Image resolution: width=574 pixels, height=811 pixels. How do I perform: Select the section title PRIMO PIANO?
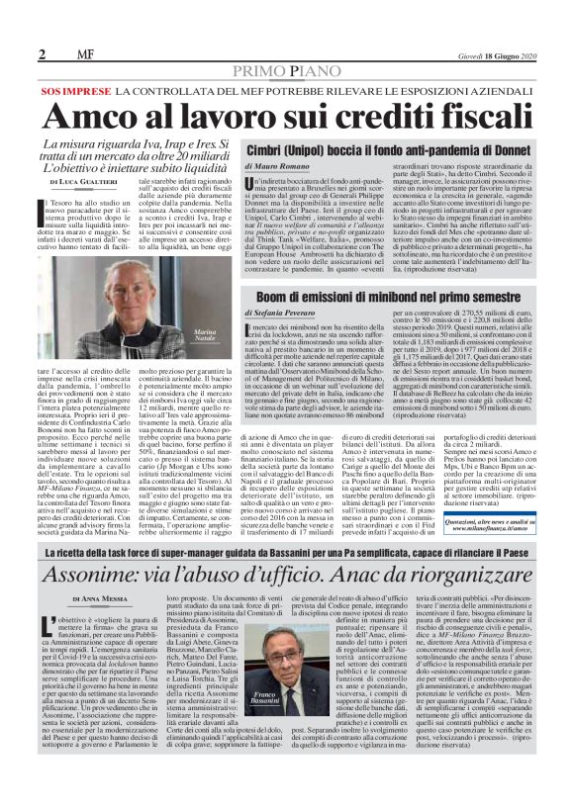(x=287, y=72)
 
